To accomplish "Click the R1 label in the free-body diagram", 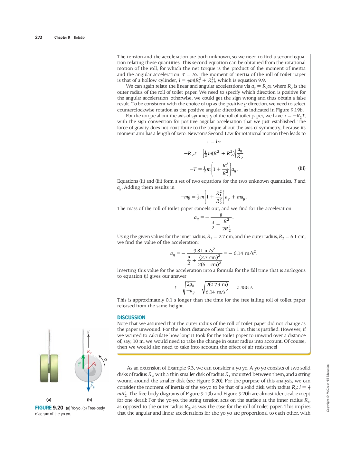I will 94,364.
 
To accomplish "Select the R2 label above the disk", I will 89,352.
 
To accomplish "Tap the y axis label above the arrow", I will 88,331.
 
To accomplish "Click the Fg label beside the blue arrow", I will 92,385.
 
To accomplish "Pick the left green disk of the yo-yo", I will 44,368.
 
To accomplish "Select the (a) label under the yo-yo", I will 49,399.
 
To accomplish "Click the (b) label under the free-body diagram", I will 90,399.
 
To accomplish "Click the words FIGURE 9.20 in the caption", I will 49,408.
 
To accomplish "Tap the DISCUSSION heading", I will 131,317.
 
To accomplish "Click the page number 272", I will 39,37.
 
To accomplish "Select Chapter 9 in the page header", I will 62,37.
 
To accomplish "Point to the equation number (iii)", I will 302,168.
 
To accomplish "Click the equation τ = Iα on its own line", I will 214,141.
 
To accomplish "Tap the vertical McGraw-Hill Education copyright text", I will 328,388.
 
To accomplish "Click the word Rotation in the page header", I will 80,37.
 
